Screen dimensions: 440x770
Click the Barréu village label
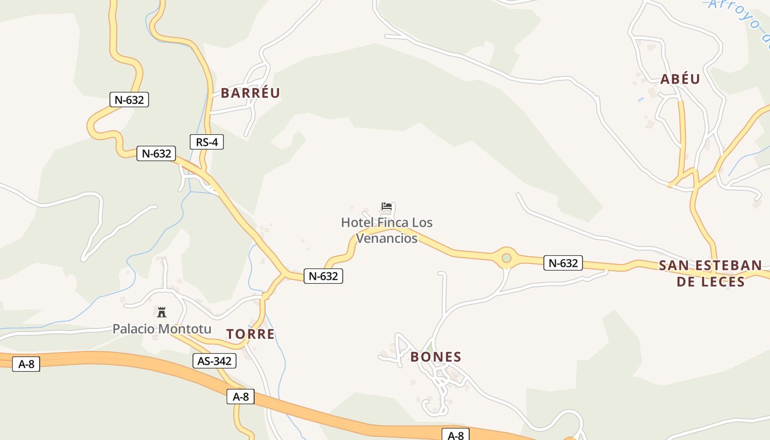[250, 93]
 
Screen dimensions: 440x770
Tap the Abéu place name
[680, 79]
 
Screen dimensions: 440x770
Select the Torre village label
[250, 334]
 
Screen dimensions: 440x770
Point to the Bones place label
[436, 357]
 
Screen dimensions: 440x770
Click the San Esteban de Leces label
[710, 273]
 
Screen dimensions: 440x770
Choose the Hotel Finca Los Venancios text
[387, 230]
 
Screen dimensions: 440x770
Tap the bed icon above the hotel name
[387, 207]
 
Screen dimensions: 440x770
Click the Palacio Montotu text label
[162, 329]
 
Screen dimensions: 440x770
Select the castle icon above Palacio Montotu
[162, 312]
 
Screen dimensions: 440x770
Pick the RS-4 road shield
[207, 142]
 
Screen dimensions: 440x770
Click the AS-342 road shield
[215, 361]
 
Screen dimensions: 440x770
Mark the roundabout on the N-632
[506, 257]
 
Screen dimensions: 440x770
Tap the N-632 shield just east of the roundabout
[563, 263]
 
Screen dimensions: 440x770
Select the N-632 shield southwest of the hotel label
[323, 276]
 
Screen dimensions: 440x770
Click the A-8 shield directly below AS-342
[240, 397]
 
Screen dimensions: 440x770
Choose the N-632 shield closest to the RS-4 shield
[156, 153]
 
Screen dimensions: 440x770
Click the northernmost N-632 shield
[129, 100]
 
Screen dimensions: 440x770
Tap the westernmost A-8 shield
[26, 364]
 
